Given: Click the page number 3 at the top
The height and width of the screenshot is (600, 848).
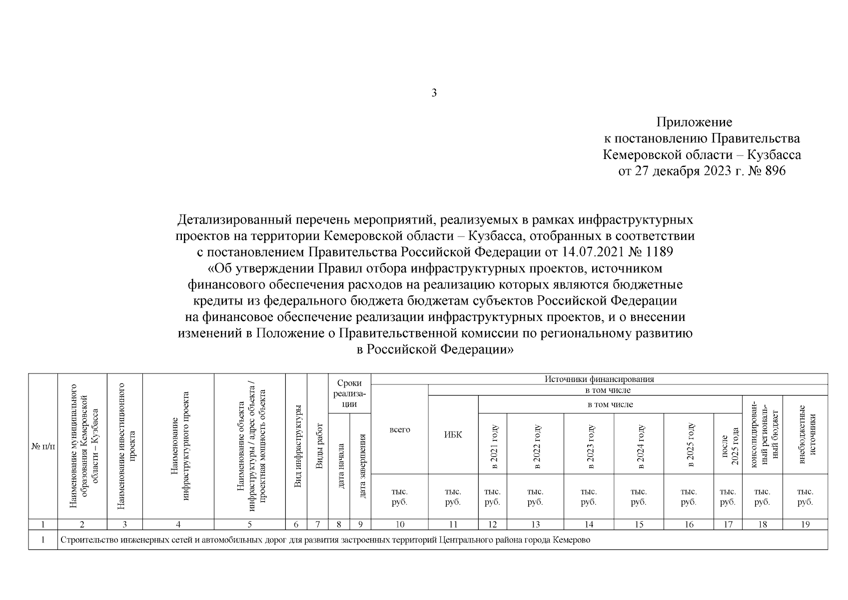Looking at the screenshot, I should (x=434, y=93).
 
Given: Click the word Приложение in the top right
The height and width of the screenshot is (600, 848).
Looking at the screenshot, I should (x=694, y=122).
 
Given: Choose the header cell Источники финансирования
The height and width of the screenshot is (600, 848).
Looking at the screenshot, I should (x=599, y=379).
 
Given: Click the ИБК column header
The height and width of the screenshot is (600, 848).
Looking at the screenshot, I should (x=453, y=434).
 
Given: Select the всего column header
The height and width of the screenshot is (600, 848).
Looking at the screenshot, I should (x=399, y=429).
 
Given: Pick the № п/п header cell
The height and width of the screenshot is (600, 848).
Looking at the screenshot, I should (x=43, y=446).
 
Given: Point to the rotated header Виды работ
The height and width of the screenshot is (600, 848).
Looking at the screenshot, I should (x=318, y=446).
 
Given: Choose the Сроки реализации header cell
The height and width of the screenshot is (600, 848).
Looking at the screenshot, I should (x=349, y=393).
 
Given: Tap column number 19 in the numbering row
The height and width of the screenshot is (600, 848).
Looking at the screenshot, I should (x=805, y=524).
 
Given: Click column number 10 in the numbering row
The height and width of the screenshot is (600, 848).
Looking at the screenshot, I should (x=400, y=524).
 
